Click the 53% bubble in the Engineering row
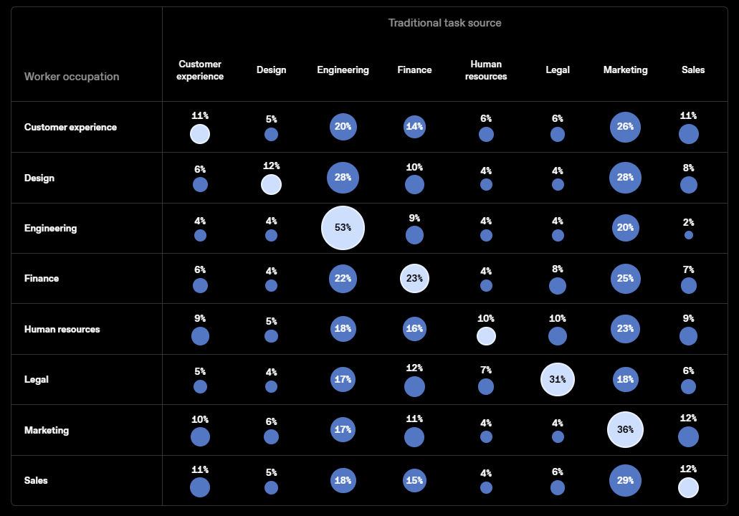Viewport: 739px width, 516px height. [343, 228]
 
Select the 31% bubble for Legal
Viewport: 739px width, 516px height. [558, 379]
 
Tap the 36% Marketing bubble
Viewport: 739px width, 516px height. [626, 429]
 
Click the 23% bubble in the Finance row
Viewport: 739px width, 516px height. [414, 278]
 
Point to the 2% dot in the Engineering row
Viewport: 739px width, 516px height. [689, 234]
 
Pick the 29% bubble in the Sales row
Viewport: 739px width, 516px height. [626, 480]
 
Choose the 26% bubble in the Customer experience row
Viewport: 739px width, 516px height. [626, 127]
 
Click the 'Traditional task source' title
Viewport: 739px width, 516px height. [444, 23]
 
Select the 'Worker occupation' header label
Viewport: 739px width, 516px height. [72, 77]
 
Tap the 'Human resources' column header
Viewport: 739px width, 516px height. [486, 70]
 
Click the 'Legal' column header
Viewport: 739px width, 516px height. [558, 70]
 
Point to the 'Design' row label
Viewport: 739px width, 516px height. [39, 178]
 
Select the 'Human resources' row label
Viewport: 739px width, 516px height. [62, 329]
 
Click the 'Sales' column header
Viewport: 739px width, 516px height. [693, 70]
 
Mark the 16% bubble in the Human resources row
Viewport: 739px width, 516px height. [414, 328]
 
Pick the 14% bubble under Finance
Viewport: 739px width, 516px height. [414, 126]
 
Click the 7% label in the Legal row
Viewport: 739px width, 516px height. [486, 370]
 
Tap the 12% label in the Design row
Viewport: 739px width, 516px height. [271, 166]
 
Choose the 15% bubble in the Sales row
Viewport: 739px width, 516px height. [414, 480]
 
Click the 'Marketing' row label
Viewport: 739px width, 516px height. [46, 430]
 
